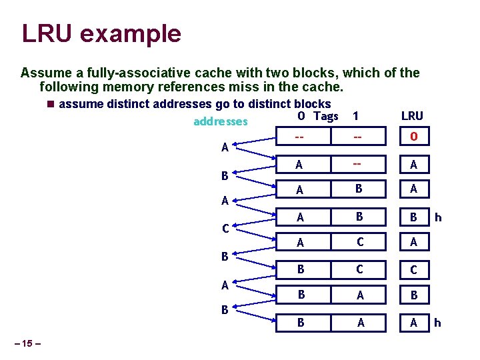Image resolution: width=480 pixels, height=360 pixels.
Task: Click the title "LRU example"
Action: coord(101,34)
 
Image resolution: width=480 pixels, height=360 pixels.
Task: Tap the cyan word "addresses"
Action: coord(220,121)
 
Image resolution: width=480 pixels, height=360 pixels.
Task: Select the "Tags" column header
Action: coord(326,116)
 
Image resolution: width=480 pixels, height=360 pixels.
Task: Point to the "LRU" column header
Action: coord(411,116)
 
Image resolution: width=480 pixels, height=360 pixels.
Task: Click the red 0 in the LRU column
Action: coord(413,137)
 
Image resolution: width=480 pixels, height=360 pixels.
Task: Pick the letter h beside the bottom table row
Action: coord(438,323)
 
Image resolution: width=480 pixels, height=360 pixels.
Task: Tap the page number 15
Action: coord(27,344)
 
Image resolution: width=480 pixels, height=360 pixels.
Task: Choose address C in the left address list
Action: coord(226,229)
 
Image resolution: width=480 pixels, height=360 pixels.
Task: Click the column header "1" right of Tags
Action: coord(356,116)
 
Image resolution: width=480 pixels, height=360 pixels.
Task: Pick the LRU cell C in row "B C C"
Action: coord(413,270)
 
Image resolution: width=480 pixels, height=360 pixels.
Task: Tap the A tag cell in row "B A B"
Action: coord(360,295)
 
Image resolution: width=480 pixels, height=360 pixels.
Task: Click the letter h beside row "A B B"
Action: coord(438,217)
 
